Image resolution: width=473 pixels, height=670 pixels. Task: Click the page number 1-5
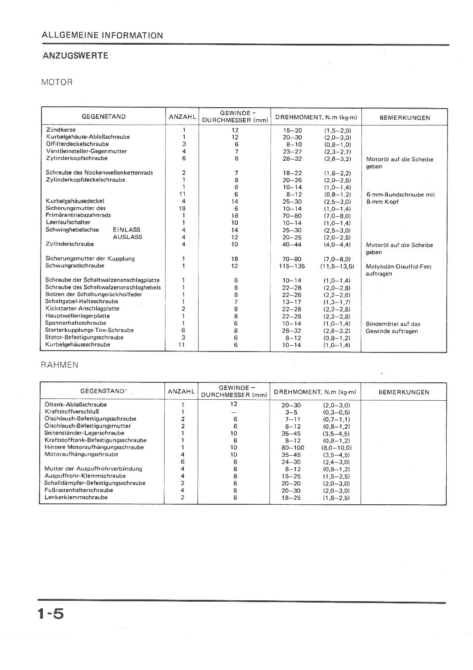[x=51, y=613]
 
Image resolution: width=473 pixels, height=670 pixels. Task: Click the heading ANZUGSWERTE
[x=75, y=56]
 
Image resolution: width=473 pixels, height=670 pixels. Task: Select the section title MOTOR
[x=57, y=82]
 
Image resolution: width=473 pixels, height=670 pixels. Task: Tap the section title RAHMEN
[x=59, y=364]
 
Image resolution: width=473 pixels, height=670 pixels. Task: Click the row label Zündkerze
[x=61, y=130]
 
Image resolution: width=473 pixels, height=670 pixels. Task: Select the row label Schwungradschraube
[x=75, y=266]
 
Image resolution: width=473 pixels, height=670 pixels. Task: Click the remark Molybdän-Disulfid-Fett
[x=398, y=267]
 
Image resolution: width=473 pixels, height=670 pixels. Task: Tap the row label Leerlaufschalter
[x=68, y=222]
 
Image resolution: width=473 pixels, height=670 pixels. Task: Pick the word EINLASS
[x=127, y=230]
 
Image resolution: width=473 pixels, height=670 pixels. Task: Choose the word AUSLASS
[x=127, y=237]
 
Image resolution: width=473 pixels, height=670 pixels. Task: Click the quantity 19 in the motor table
[x=182, y=209]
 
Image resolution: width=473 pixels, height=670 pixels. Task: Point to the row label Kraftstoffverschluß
[x=72, y=412]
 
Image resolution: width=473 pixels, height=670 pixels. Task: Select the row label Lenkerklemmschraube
[x=76, y=497]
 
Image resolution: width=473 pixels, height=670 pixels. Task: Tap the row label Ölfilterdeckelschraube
[x=77, y=144]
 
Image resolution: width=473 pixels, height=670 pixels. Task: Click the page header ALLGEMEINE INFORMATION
[x=102, y=35]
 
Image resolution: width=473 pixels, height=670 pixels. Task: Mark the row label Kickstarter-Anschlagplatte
[x=82, y=309]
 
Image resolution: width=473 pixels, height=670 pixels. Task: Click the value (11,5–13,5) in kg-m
[x=337, y=266]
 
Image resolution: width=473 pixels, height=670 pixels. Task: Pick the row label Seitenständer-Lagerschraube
[x=84, y=433]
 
